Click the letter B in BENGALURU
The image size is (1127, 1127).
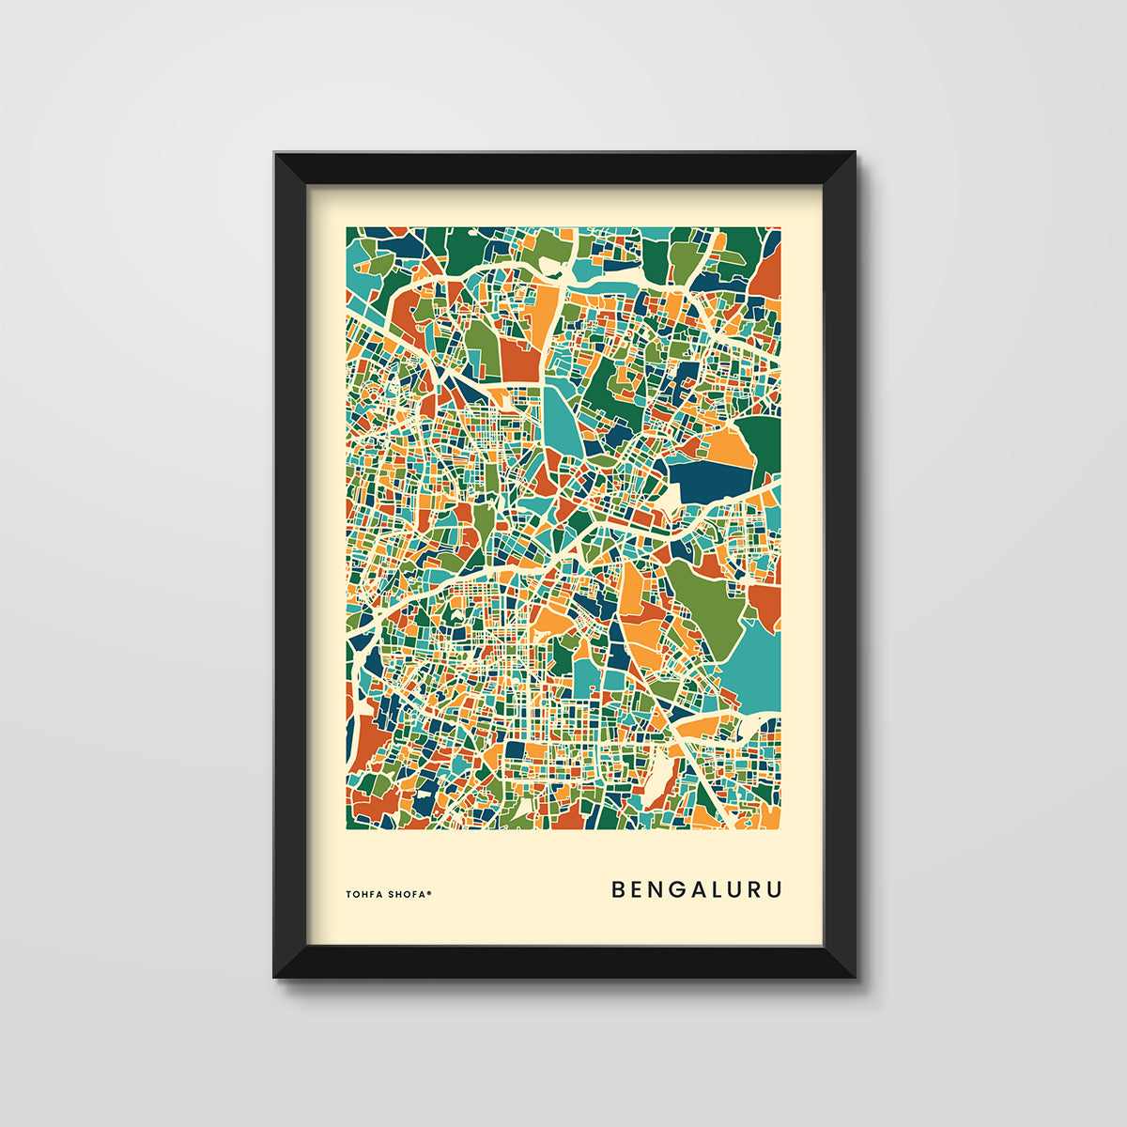click(x=619, y=889)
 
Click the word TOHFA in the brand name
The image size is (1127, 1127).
click(x=364, y=894)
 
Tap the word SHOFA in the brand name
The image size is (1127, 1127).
click(x=406, y=894)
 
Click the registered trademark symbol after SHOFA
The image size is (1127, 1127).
click(x=429, y=892)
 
